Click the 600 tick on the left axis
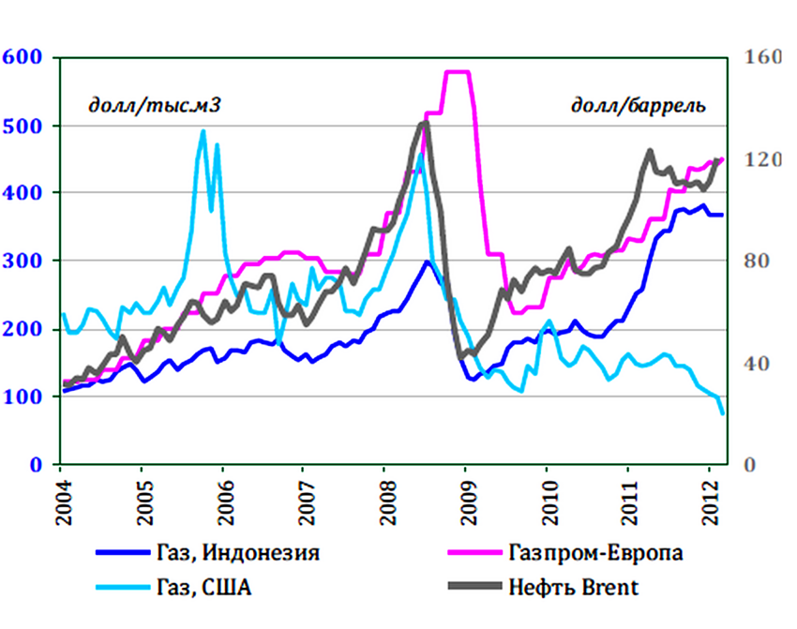(x=23, y=57)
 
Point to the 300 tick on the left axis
(x=23, y=261)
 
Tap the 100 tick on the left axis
(x=23, y=397)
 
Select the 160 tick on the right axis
(x=761, y=57)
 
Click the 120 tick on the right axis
(x=761, y=159)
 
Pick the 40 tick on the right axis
(x=761, y=364)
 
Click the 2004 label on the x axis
(x=60, y=502)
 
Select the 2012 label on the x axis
(x=709, y=502)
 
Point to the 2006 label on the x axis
(x=222, y=502)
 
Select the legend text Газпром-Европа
(x=595, y=551)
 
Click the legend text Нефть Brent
(x=575, y=588)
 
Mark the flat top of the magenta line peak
(x=457, y=72)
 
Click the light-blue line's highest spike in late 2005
(x=203, y=131)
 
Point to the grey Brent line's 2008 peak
(x=424, y=123)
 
